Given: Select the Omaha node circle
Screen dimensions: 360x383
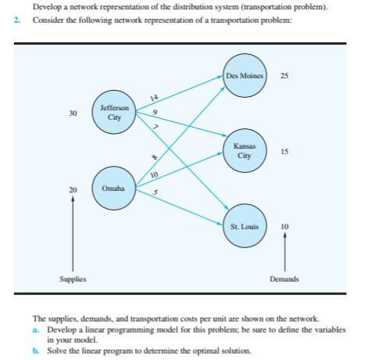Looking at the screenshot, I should pos(113,189).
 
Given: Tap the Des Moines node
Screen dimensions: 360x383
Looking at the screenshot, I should pos(245,76).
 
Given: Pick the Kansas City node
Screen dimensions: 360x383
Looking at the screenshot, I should pos(245,150).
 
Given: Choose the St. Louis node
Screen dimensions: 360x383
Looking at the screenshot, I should pos(245,226).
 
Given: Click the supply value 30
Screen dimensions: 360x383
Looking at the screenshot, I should pos(73,113).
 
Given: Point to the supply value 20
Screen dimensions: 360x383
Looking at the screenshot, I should pos(73,189).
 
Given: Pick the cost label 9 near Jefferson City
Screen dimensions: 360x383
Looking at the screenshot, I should pos(156,113).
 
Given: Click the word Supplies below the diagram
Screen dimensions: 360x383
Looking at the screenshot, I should pos(73,279).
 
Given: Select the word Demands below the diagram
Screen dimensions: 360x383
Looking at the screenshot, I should pos(285,279).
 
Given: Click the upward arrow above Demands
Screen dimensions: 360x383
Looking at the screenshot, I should pos(285,250).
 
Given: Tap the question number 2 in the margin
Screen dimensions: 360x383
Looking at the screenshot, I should pos(16,20).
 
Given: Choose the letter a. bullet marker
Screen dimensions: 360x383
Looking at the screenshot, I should pos(35,329).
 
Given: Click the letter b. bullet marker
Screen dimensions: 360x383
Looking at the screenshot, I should pos(35,351).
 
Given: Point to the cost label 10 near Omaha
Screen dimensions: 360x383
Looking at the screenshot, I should pos(154,174).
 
